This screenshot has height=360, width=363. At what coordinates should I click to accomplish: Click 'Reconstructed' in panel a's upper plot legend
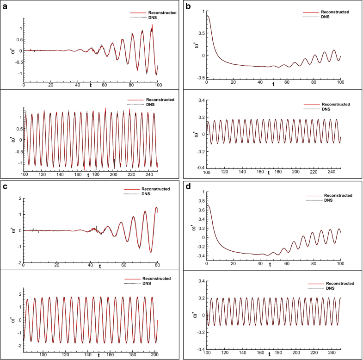pos(160,12)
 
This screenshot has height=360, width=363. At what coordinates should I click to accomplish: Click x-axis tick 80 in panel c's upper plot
pos(157,266)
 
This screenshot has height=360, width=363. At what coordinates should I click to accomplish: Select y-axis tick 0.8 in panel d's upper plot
pos(199,201)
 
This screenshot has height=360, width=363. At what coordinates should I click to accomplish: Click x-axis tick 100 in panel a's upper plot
pos(158,86)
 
